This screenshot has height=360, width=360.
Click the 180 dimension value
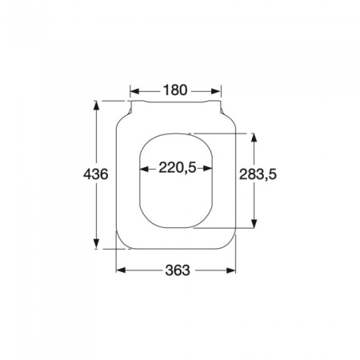[x=176, y=90]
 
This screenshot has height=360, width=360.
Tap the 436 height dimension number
[x=97, y=174]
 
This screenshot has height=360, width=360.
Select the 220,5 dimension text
[x=177, y=168]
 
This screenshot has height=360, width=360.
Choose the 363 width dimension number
[x=177, y=270]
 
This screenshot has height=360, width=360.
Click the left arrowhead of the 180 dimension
[x=135, y=90]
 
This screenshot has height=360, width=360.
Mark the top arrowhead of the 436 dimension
[x=97, y=104]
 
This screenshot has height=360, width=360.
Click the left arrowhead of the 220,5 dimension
[x=144, y=168]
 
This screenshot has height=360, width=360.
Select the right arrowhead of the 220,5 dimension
[x=211, y=168]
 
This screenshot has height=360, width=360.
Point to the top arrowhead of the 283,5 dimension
[x=255, y=136]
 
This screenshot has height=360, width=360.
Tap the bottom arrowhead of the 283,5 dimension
[x=255, y=226]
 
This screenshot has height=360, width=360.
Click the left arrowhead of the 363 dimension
[x=121, y=270]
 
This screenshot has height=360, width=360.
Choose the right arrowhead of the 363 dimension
[x=233, y=270]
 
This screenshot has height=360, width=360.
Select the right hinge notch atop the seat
[x=221, y=103]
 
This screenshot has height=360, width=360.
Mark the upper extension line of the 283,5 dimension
[x=232, y=132]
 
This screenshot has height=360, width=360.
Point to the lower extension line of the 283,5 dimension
[x=232, y=230]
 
